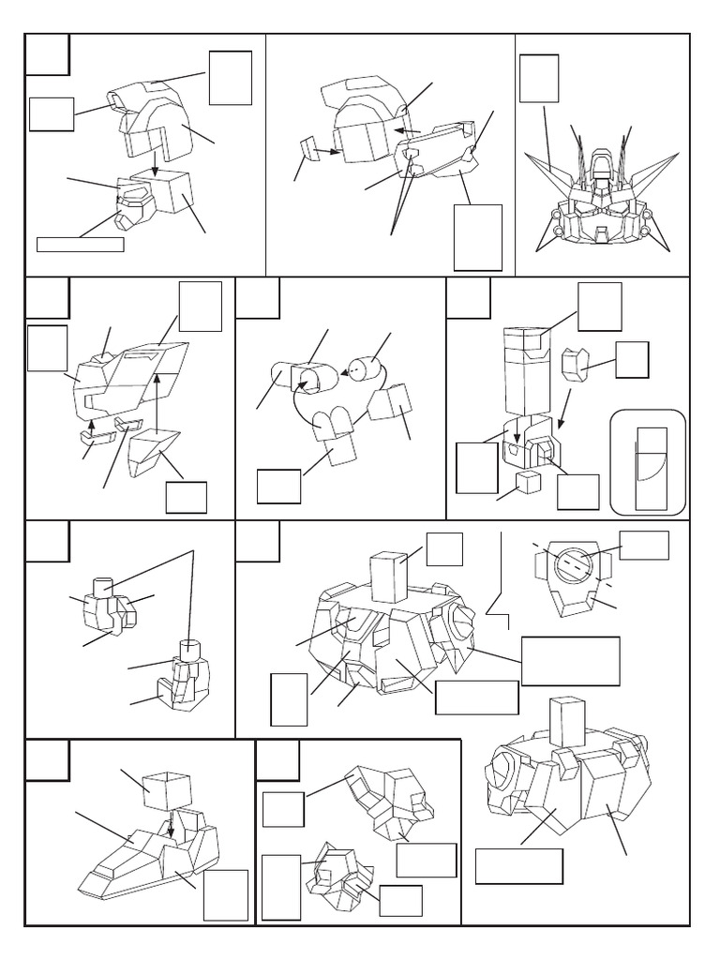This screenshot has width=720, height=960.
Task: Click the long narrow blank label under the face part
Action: [x=80, y=245]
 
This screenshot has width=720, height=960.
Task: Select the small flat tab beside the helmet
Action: [x=307, y=148]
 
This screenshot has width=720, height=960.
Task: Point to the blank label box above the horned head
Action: [x=539, y=78]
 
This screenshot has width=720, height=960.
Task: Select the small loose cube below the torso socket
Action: [x=530, y=482]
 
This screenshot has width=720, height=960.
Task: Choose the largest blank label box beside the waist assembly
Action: [x=571, y=661]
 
